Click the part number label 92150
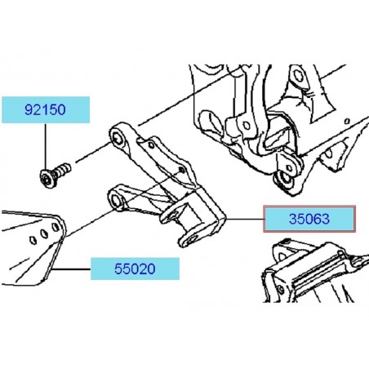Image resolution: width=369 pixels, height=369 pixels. coord(46,109)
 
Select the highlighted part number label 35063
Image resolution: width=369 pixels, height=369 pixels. coord(309,219)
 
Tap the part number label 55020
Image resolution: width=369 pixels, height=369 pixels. coord(135,269)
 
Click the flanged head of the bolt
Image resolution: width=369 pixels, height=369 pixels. coord(47,178)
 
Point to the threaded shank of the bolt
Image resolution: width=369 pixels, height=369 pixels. coord(62,170)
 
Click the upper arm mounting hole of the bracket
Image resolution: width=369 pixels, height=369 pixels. coord(117,138)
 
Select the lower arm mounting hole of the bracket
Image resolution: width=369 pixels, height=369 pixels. coord(117,202)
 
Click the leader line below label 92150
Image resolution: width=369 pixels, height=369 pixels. coord(46,146)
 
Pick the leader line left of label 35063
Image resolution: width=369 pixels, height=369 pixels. coord(245,219)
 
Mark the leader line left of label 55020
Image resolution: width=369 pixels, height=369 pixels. coord(71,269)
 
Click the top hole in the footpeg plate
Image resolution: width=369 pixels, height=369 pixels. coord(56,227)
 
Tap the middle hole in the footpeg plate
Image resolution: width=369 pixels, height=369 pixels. coord(44,233)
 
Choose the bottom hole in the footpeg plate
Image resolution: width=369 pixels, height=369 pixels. coord(33,240)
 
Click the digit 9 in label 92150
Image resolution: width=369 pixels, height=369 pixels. coord(29,110)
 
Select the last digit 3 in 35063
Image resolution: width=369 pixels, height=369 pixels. coord(326,219)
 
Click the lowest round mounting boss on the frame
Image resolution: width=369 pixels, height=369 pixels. coord(285,180)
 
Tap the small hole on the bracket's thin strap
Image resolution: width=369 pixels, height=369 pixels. coord(151,145)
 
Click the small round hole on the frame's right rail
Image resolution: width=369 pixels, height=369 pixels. coord(347,121)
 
